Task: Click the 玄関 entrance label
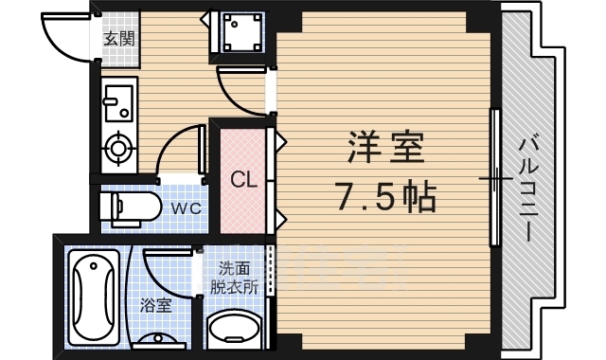coord(119,39)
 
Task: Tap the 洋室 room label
coord(385,148)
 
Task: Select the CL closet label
coord(243,179)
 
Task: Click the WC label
coord(187,208)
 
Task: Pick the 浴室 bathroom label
coord(155,306)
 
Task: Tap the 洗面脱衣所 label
coord(234,278)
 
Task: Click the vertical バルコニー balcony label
coord(528,189)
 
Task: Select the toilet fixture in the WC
coord(131,208)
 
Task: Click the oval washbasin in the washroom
coord(234,327)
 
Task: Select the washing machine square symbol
coord(242,32)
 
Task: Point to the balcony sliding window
coord(494,178)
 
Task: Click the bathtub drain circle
coord(94,265)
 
